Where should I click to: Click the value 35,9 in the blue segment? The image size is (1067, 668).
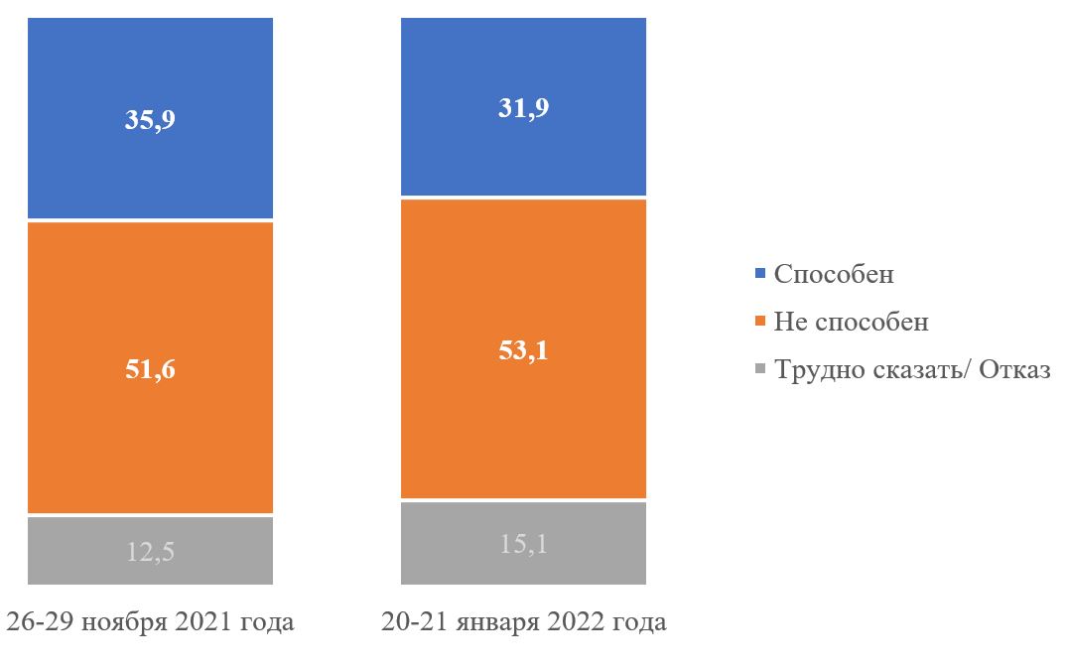point(151,120)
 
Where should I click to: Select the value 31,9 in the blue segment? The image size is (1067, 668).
point(523,108)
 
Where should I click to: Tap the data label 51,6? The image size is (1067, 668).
point(151,369)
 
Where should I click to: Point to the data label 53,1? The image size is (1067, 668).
point(523,350)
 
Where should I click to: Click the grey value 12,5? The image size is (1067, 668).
point(151,551)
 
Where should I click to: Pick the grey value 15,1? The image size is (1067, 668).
point(523,544)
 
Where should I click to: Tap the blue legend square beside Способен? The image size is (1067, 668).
point(760,273)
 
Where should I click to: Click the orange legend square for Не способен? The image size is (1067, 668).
point(760,322)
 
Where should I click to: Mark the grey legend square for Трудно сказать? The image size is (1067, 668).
point(760,369)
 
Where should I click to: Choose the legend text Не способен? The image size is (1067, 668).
point(852,322)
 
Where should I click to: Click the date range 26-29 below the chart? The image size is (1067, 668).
point(41,623)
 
